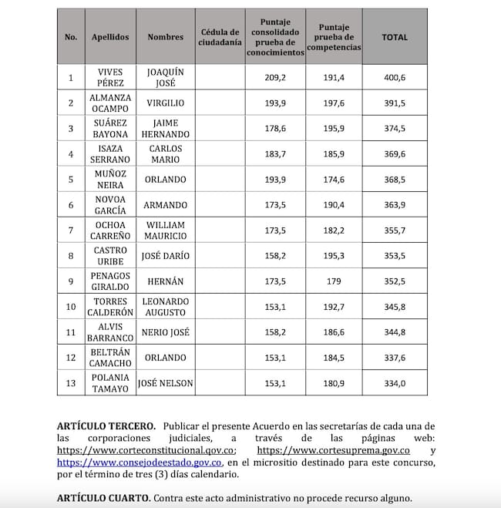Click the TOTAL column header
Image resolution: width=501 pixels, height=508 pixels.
395,37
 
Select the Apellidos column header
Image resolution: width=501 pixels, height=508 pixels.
110,37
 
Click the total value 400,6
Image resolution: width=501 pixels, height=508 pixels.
395,78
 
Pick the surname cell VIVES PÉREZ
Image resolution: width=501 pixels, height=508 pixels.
110,78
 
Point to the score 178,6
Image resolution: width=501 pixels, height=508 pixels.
275,128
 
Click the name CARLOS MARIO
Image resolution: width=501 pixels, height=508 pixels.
165,153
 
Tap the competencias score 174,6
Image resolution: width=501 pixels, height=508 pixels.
334,179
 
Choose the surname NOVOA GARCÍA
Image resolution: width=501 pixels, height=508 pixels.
110,204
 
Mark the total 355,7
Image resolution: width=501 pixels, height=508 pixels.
395,230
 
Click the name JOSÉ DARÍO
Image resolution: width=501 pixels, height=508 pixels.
165,255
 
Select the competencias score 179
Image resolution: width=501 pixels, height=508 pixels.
334,281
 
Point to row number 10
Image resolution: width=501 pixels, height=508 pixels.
71,306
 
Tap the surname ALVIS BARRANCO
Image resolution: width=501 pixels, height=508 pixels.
110,331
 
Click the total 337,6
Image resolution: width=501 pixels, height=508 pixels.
395,357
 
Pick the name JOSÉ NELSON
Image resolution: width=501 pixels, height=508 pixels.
165,382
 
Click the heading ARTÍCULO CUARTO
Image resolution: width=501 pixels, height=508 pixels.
103,497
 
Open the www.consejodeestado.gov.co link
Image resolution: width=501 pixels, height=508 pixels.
140,462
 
